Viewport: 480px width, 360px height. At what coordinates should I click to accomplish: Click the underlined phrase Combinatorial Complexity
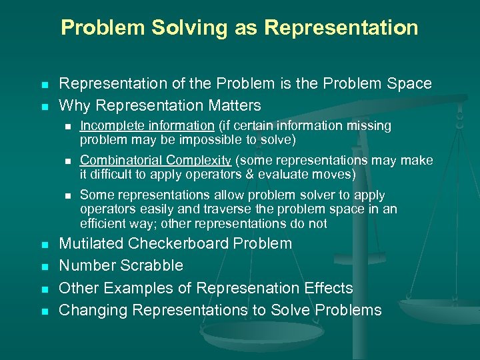click(x=155, y=160)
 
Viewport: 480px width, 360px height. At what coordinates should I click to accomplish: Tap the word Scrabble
click(x=153, y=265)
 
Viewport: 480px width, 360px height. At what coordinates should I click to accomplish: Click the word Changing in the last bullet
click(x=93, y=310)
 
